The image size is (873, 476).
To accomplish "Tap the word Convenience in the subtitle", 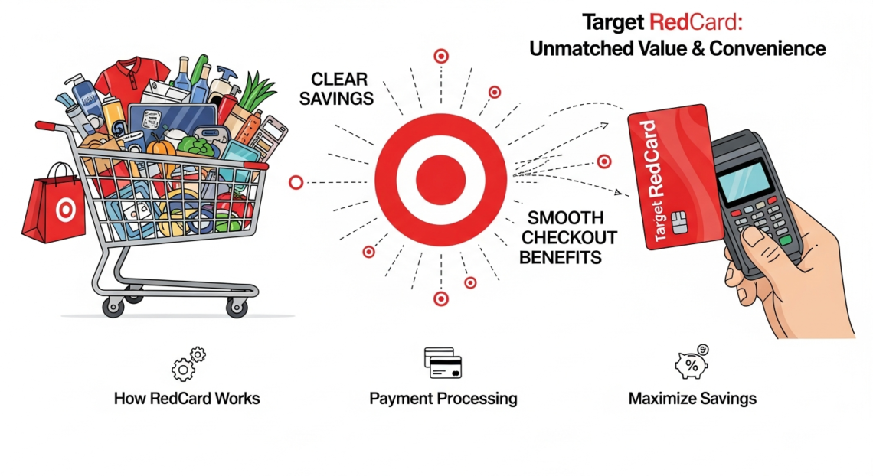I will coord(767,49).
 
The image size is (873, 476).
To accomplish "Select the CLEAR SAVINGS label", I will coord(342,89).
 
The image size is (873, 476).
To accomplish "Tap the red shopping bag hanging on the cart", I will coord(54,203).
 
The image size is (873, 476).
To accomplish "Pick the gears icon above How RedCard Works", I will coord(188,364).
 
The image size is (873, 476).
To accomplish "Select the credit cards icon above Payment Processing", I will coord(443,364).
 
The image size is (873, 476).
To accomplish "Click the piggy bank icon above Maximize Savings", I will coord(691,364).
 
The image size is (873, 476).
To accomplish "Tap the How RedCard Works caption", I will coord(187,399).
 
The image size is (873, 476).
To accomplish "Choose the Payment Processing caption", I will coord(443,399).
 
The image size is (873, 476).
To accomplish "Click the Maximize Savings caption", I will coord(692,399).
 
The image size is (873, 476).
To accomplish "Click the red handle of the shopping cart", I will coord(48,125).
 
